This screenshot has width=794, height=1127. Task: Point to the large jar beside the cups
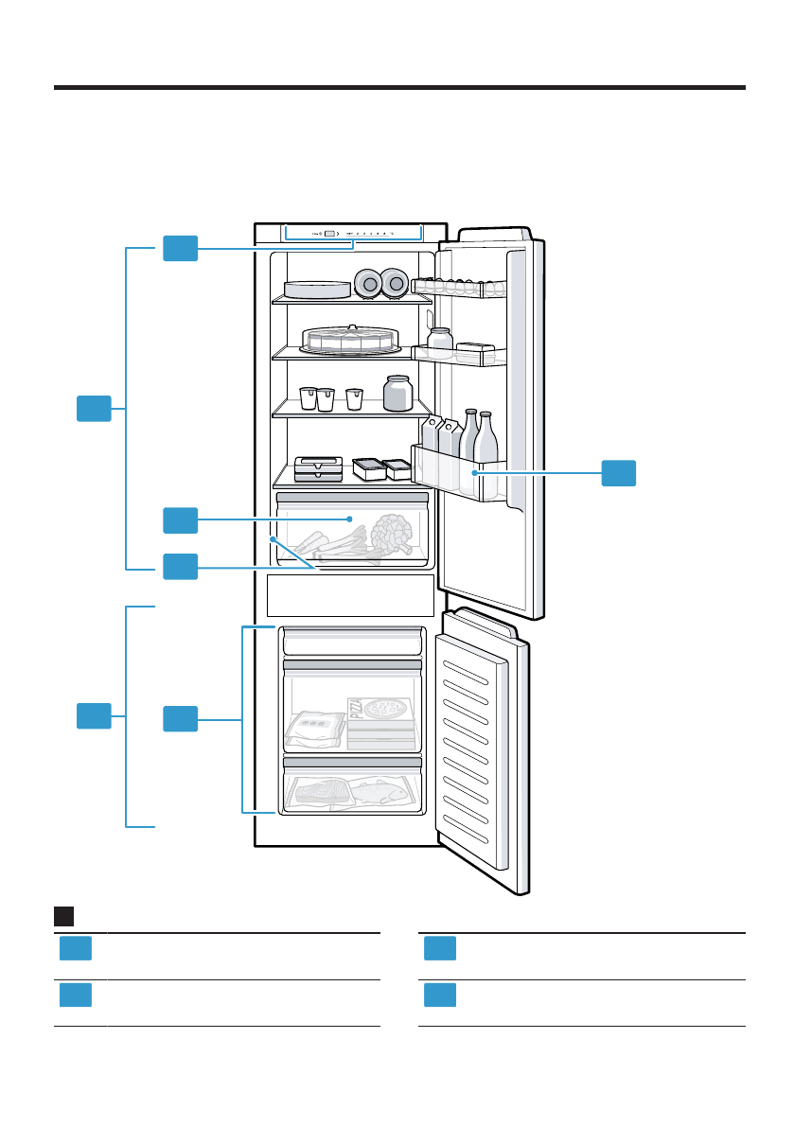tap(397, 393)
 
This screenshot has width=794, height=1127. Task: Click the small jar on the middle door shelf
tap(439, 340)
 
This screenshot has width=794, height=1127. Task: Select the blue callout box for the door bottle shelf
tap(619, 473)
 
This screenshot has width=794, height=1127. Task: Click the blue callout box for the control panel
tap(180, 248)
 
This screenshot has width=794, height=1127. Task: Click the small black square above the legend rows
tap(64, 916)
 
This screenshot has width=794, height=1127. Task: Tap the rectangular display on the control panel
tap(328, 233)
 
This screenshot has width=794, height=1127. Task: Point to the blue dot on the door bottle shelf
tap(473, 470)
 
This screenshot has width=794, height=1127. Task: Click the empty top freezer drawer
tap(351, 643)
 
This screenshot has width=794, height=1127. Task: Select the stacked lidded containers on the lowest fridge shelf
tap(319, 468)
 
